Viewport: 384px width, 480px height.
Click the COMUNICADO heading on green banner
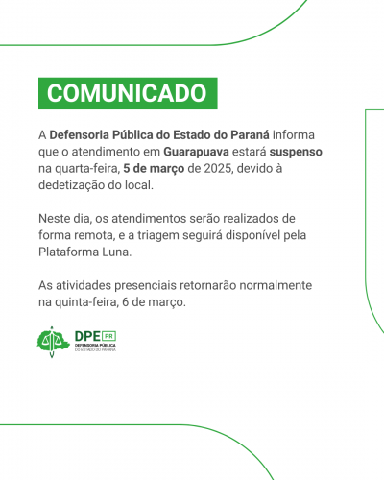[127, 92]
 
